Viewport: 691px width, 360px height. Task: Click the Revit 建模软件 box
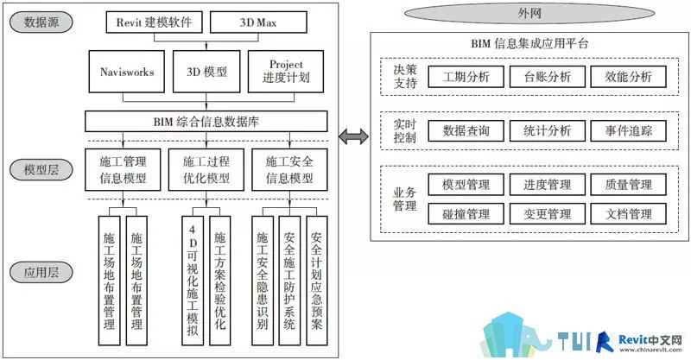(155, 22)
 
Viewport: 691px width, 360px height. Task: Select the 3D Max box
(258, 22)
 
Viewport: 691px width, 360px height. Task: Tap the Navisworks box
(127, 72)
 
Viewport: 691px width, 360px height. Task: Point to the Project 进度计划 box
(286, 72)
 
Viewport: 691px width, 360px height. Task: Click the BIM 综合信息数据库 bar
(206, 121)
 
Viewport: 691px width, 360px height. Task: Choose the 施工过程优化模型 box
(206, 170)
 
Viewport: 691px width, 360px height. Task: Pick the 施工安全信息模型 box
(289, 170)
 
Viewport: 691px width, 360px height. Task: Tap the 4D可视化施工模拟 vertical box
(193, 281)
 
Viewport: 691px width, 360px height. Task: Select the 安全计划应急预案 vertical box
(317, 281)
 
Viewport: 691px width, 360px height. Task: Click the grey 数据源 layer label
(41, 22)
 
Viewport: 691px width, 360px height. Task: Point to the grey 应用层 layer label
(41, 272)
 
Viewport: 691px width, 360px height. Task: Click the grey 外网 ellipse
(529, 14)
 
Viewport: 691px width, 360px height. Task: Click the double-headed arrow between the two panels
(353, 136)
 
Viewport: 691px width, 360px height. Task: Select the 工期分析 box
(466, 77)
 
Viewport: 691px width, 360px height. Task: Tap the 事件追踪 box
(629, 131)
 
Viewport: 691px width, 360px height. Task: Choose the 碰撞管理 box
(466, 214)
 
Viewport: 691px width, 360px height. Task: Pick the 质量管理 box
(629, 185)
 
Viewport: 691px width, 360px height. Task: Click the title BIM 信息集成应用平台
(529, 43)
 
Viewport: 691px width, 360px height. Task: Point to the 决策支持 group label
(404, 76)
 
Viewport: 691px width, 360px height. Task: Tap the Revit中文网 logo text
(650, 340)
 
